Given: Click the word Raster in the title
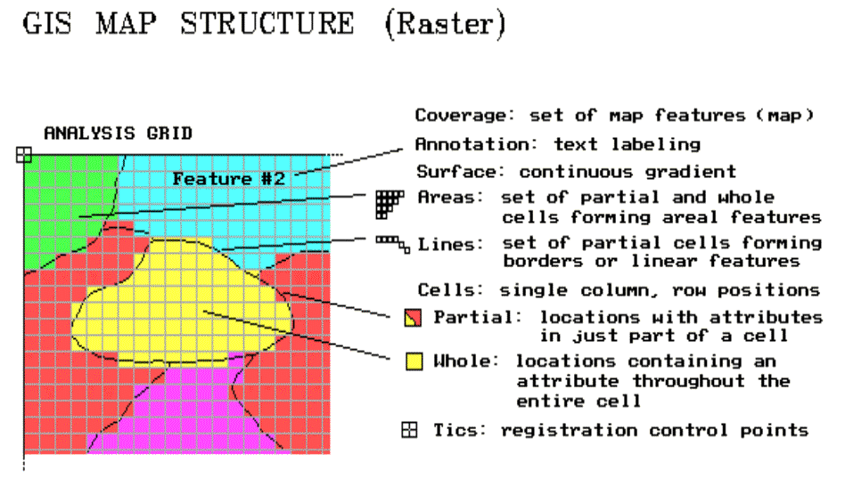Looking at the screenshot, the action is click(445, 24).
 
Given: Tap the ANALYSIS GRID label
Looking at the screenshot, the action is click(118, 133).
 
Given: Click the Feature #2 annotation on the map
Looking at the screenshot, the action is click(228, 179).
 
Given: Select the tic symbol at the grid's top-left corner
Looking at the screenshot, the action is click(24, 155).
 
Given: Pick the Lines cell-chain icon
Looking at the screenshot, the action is click(393, 244).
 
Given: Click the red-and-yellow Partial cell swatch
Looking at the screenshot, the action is click(414, 318).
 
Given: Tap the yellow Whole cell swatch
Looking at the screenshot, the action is click(414, 361).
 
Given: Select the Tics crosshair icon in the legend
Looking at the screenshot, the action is click(409, 430).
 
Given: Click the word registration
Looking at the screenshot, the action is click(569, 431).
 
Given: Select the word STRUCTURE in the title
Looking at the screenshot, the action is click(267, 24).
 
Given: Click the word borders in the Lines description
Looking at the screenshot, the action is click(543, 262).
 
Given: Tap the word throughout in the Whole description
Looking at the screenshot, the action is click(689, 382).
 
